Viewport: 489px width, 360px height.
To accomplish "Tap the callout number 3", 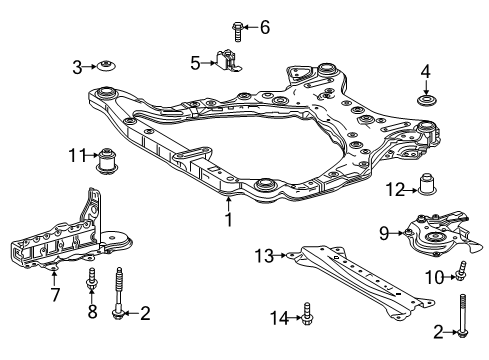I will click(x=76, y=66).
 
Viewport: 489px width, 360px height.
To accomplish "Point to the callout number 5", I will click(x=196, y=62).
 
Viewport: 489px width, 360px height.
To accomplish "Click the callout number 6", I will click(x=264, y=27).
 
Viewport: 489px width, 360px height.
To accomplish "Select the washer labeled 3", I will click(x=105, y=67).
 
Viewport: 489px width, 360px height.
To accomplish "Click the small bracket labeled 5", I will click(x=226, y=62).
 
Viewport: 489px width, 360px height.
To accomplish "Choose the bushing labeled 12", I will click(x=430, y=185).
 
